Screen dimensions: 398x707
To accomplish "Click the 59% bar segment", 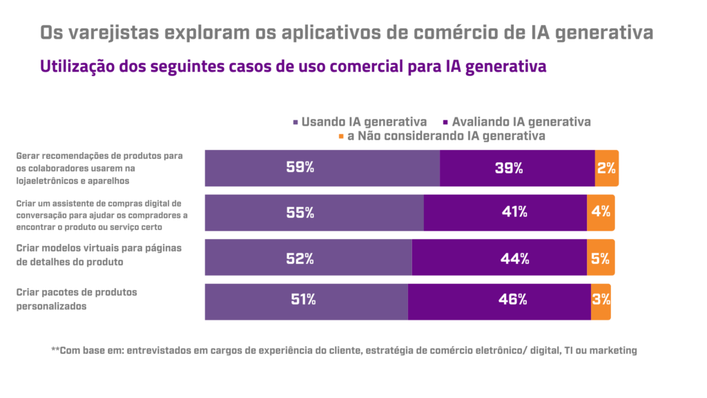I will [322, 168].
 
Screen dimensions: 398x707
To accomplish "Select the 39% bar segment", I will [517, 168].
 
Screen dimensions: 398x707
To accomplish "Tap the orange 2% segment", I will [606, 168].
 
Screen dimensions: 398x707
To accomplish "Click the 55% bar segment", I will [314, 213].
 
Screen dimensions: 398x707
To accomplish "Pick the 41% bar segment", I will [505, 213].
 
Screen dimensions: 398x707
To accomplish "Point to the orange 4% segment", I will [600, 213].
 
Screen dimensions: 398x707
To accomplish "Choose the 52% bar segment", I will [309, 258].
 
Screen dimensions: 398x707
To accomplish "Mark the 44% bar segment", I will [499, 258].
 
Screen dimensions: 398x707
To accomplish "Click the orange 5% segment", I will [600, 258].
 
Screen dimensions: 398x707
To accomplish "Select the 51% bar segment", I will [307, 301].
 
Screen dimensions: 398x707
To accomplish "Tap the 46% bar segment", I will [499, 301].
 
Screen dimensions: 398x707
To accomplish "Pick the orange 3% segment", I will [601, 301].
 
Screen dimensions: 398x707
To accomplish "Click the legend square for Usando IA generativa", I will [296, 122].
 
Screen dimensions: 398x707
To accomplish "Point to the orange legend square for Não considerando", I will [340, 136].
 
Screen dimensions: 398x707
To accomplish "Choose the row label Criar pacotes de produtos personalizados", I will [77, 299].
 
